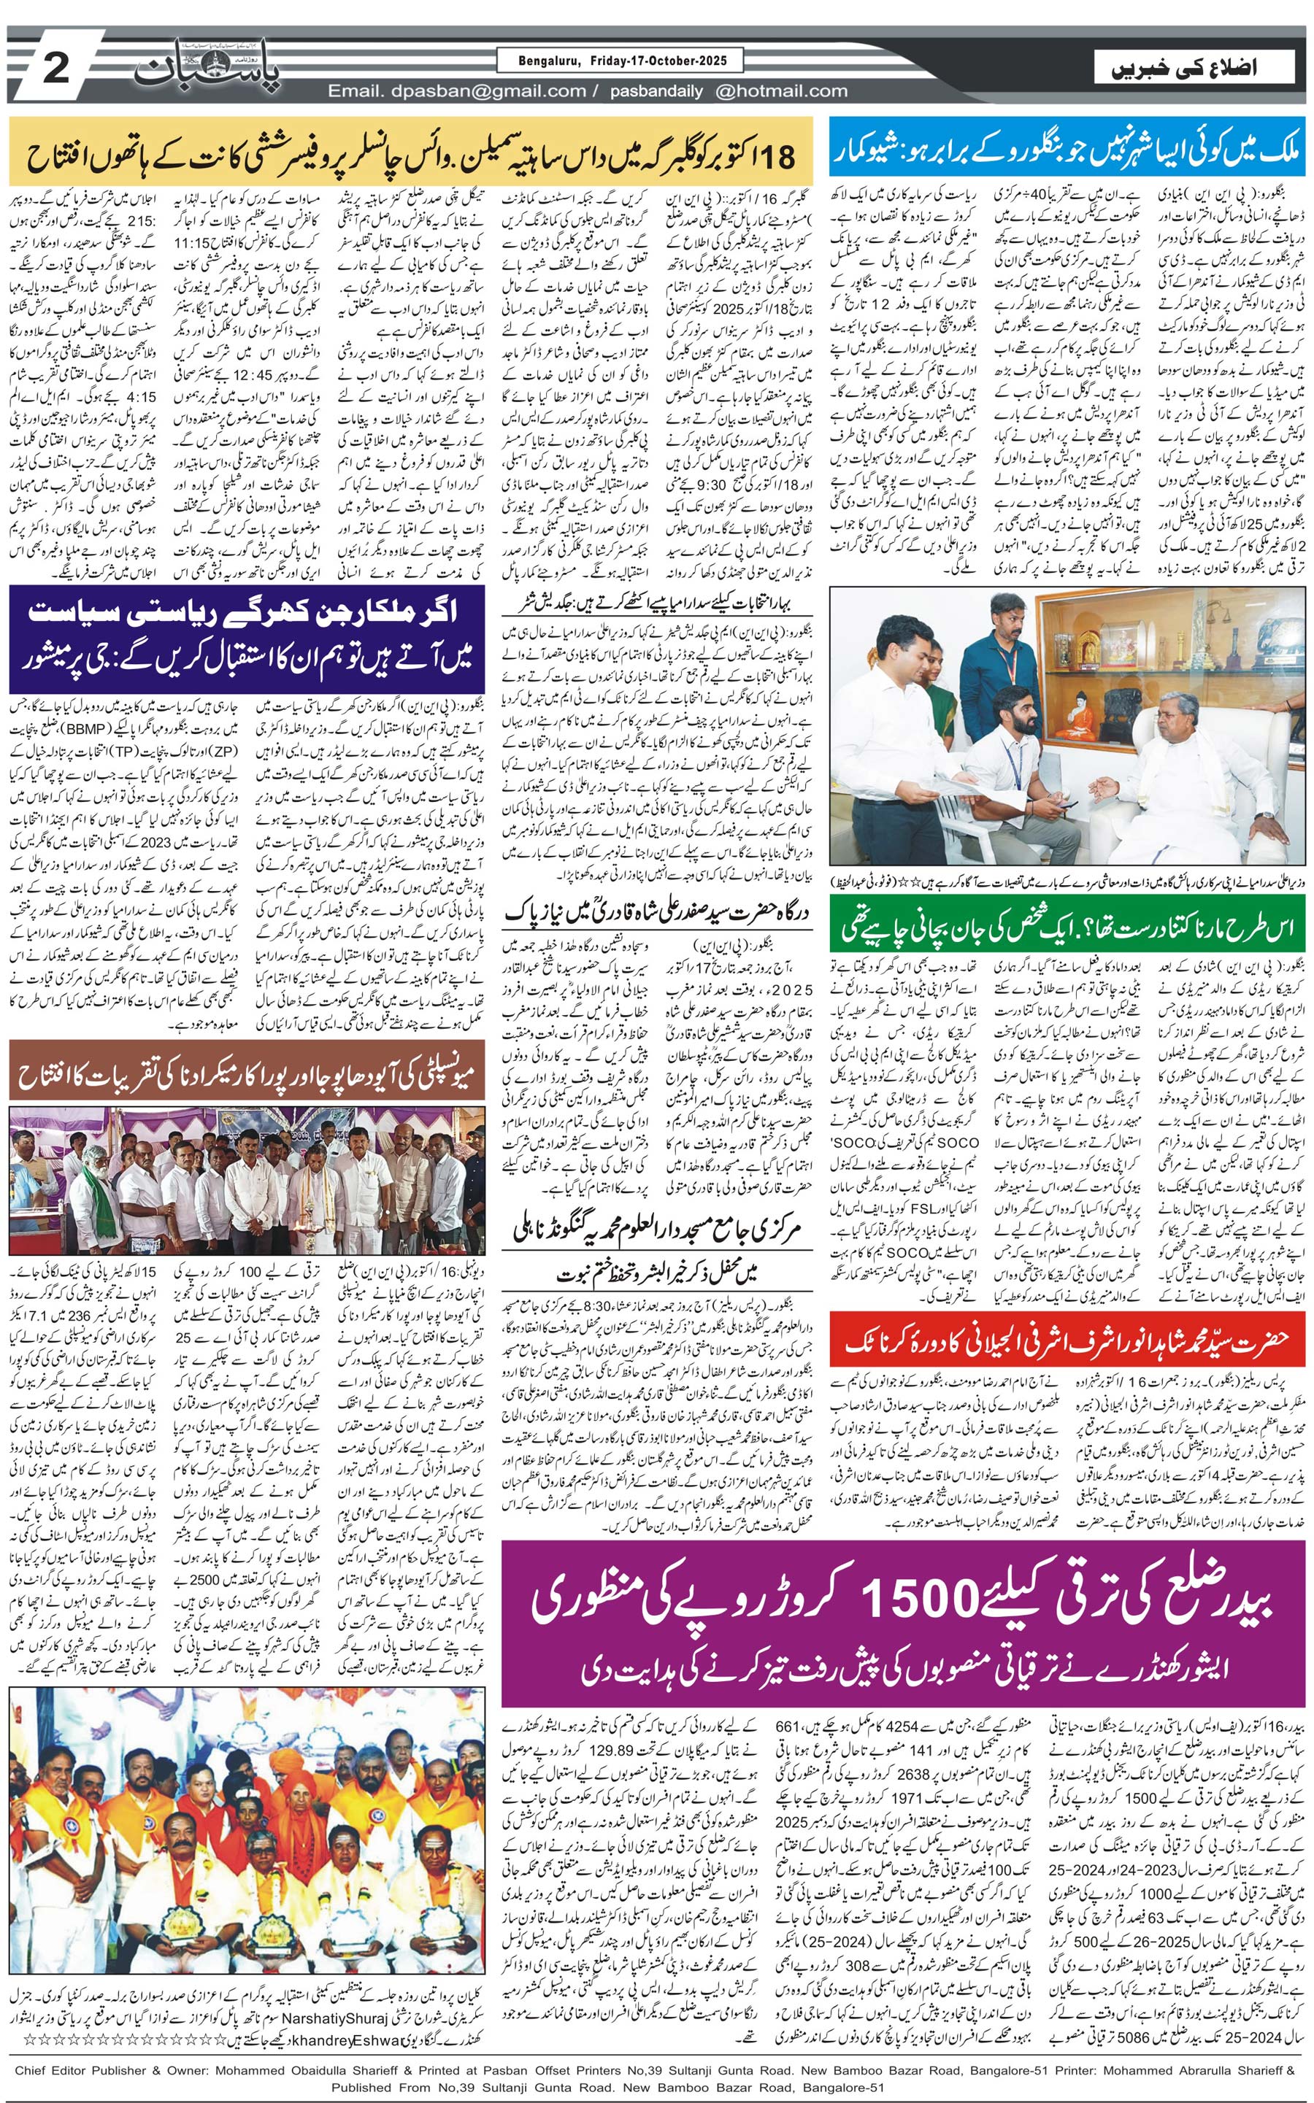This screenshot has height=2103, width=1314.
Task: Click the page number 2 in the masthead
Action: tap(55, 69)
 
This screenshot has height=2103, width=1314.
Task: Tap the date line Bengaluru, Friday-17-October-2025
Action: tap(619, 61)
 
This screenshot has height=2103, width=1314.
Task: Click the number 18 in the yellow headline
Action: tap(775, 156)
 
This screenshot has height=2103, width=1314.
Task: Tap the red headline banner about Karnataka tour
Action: tap(1067, 1340)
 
